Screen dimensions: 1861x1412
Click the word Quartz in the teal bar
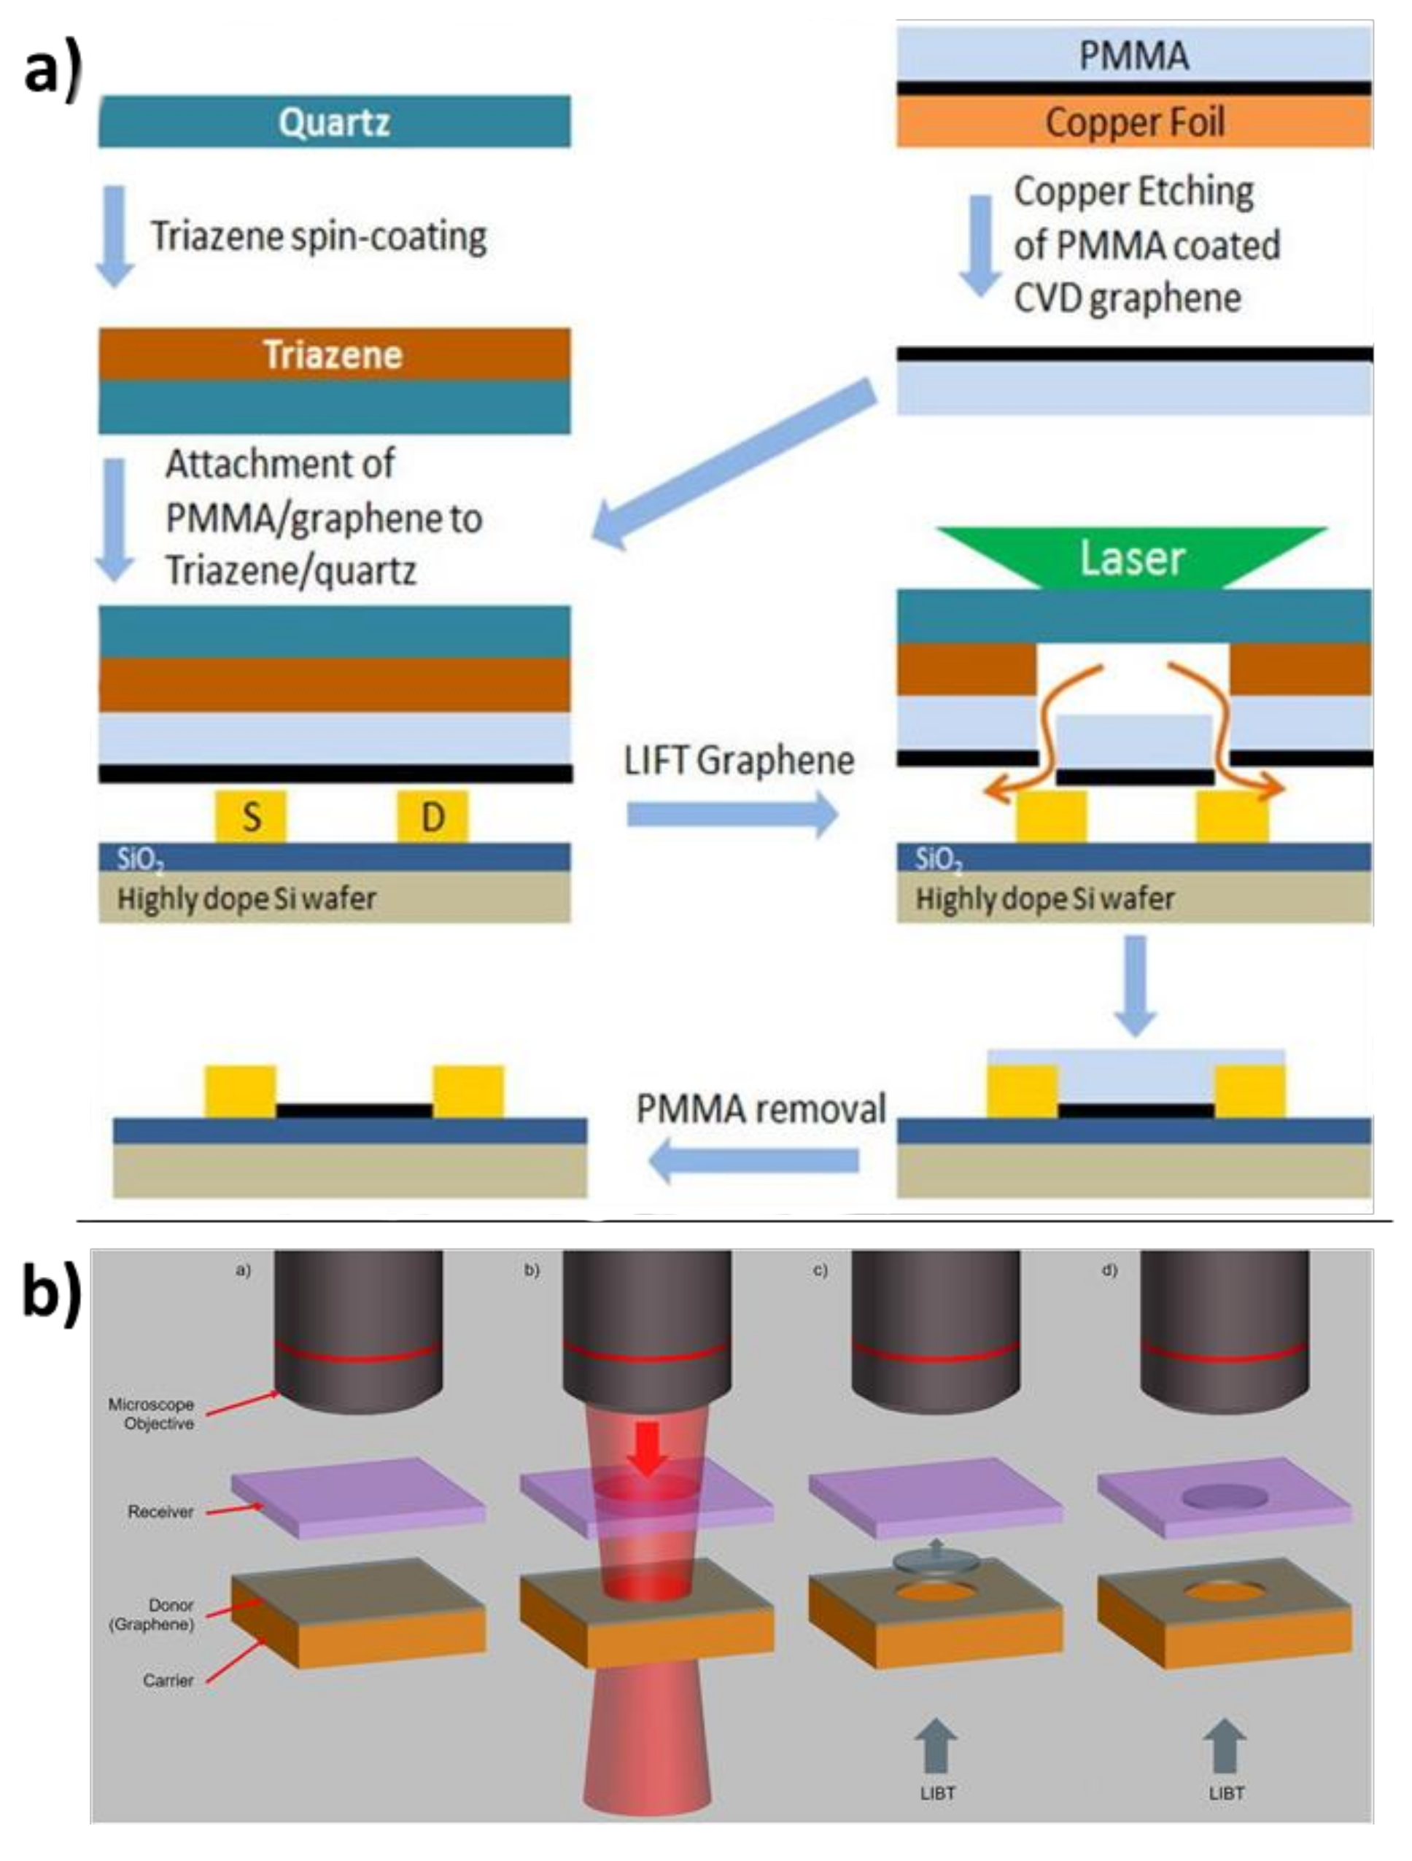pyautogui.click(x=334, y=123)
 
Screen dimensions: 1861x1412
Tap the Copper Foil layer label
pyautogui.click(x=1133, y=123)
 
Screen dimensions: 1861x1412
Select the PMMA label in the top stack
pyautogui.click(x=1133, y=56)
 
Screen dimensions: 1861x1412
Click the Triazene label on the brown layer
pyautogui.click(x=333, y=355)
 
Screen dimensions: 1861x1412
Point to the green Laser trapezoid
pyautogui.click(x=1132, y=558)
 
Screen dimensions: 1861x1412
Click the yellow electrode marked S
pyautogui.click(x=251, y=816)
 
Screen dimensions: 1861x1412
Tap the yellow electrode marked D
pyautogui.click(x=432, y=816)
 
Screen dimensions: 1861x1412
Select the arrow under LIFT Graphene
pyautogui.click(x=732, y=815)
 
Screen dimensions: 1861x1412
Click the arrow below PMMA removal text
pyautogui.click(x=754, y=1161)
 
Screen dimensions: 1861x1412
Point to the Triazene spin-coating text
pyautogui.click(x=318, y=236)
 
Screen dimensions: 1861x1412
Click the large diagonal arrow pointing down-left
pyautogui.click(x=732, y=463)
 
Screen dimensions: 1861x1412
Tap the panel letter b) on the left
pyautogui.click(x=50, y=1296)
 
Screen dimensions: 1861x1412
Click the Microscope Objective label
pyautogui.click(x=152, y=1414)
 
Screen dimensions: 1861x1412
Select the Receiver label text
pyautogui.click(x=160, y=1512)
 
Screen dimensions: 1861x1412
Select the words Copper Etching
pyautogui.click(x=1133, y=193)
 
